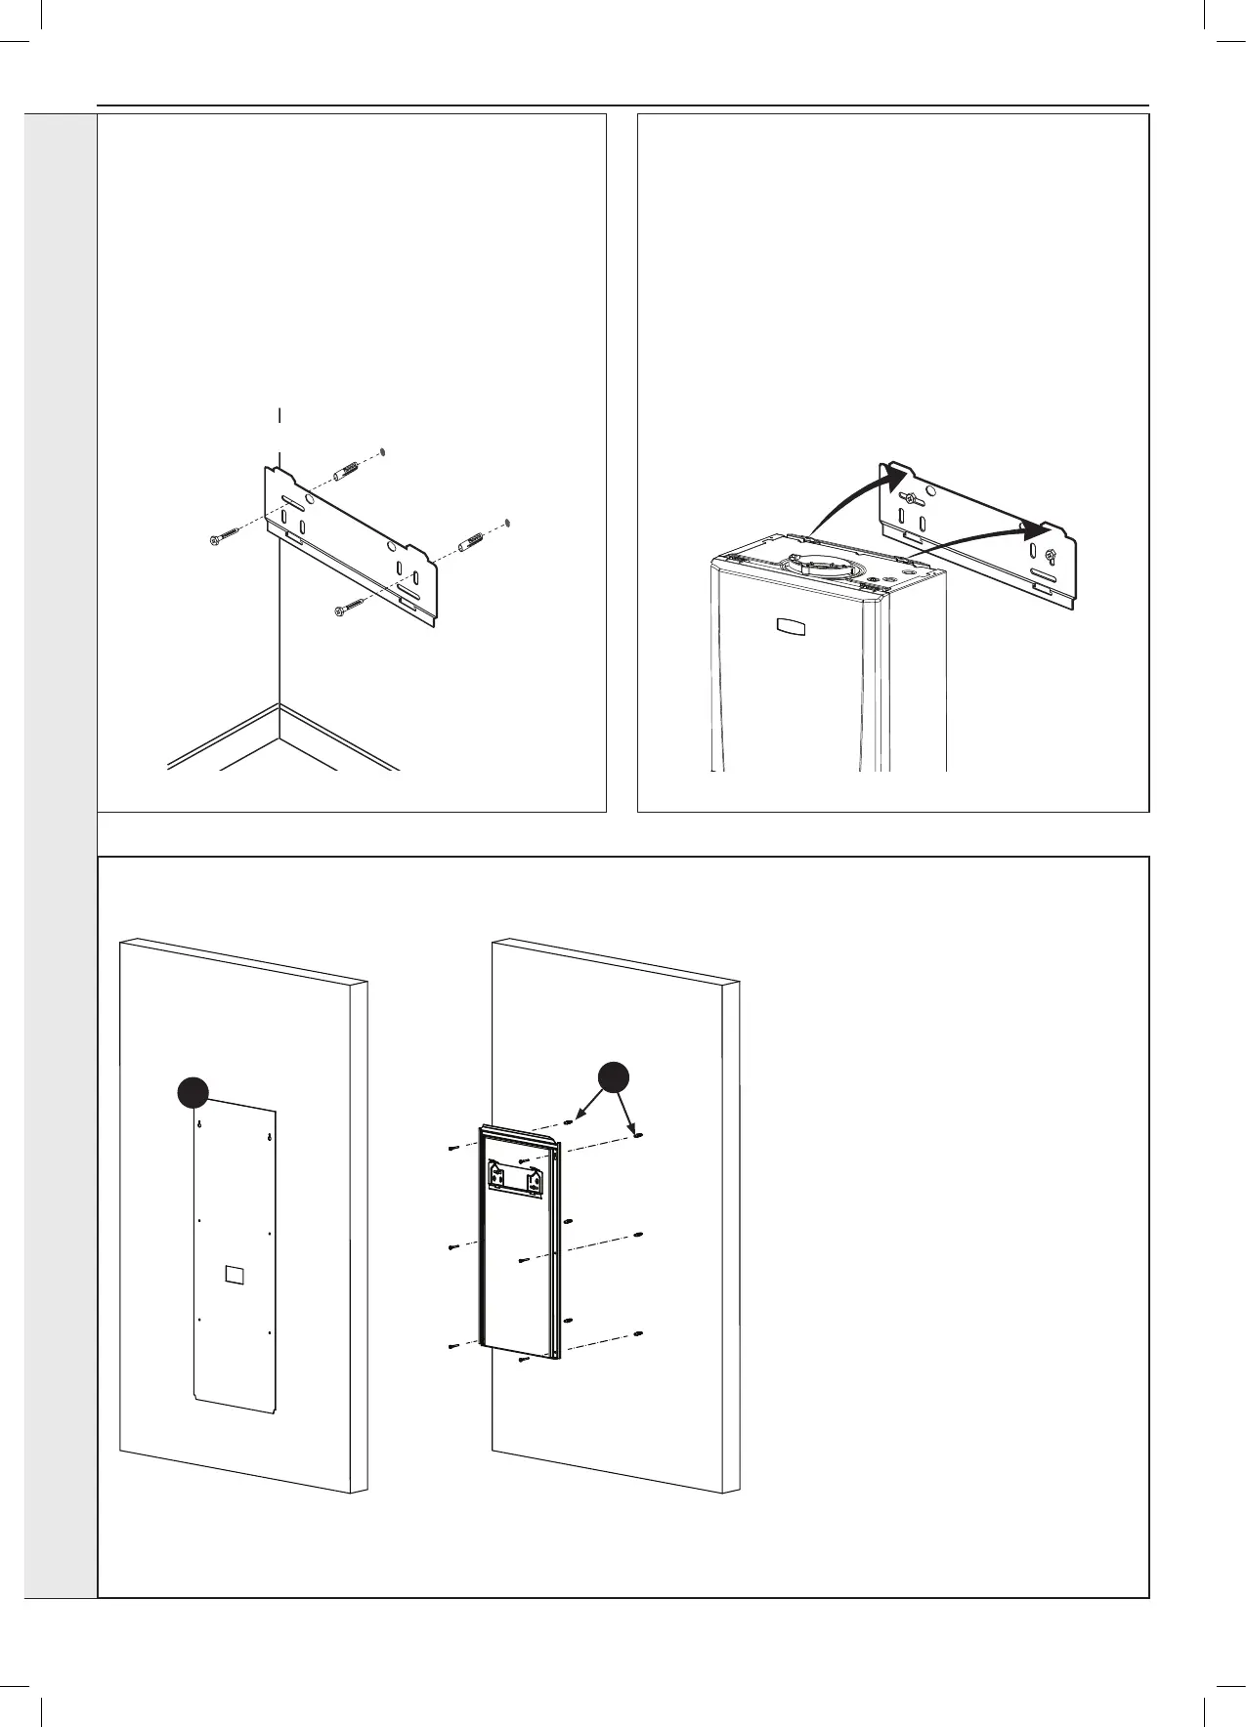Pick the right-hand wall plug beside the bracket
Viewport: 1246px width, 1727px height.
[472, 537]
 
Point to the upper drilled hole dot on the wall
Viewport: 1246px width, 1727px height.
[382, 451]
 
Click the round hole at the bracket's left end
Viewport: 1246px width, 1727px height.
[310, 497]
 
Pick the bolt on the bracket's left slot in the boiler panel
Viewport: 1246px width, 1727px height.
[910, 500]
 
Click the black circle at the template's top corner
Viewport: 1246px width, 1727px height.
[193, 1092]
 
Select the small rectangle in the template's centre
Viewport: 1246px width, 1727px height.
[234, 1274]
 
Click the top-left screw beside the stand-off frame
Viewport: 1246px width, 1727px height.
[452, 1149]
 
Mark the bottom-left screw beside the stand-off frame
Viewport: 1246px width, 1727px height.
[453, 1347]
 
